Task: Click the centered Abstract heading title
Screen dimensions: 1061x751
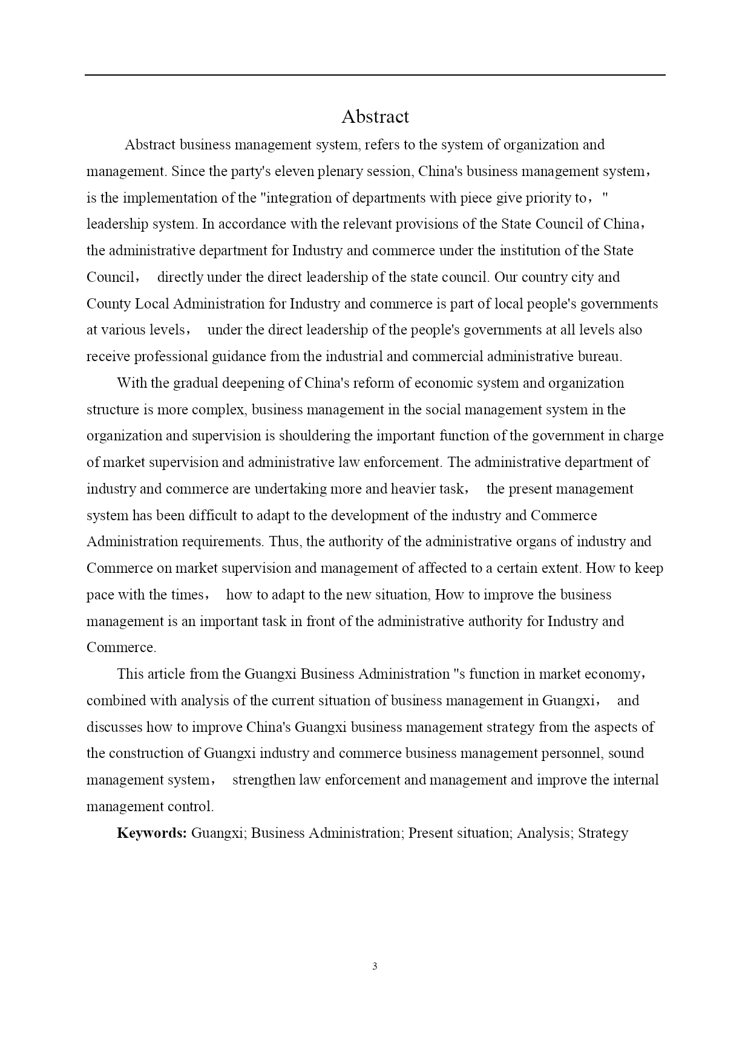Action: click(x=375, y=116)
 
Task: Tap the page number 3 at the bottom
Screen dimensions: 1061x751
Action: click(x=375, y=966)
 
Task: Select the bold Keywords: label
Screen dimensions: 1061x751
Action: click(x=151, y=833)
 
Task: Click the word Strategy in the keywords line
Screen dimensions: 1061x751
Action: click(x=603, y=833)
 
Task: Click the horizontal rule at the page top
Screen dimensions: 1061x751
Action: click(x=375, y=75)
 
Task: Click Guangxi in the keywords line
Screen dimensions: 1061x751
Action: click(x=218, y=833)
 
